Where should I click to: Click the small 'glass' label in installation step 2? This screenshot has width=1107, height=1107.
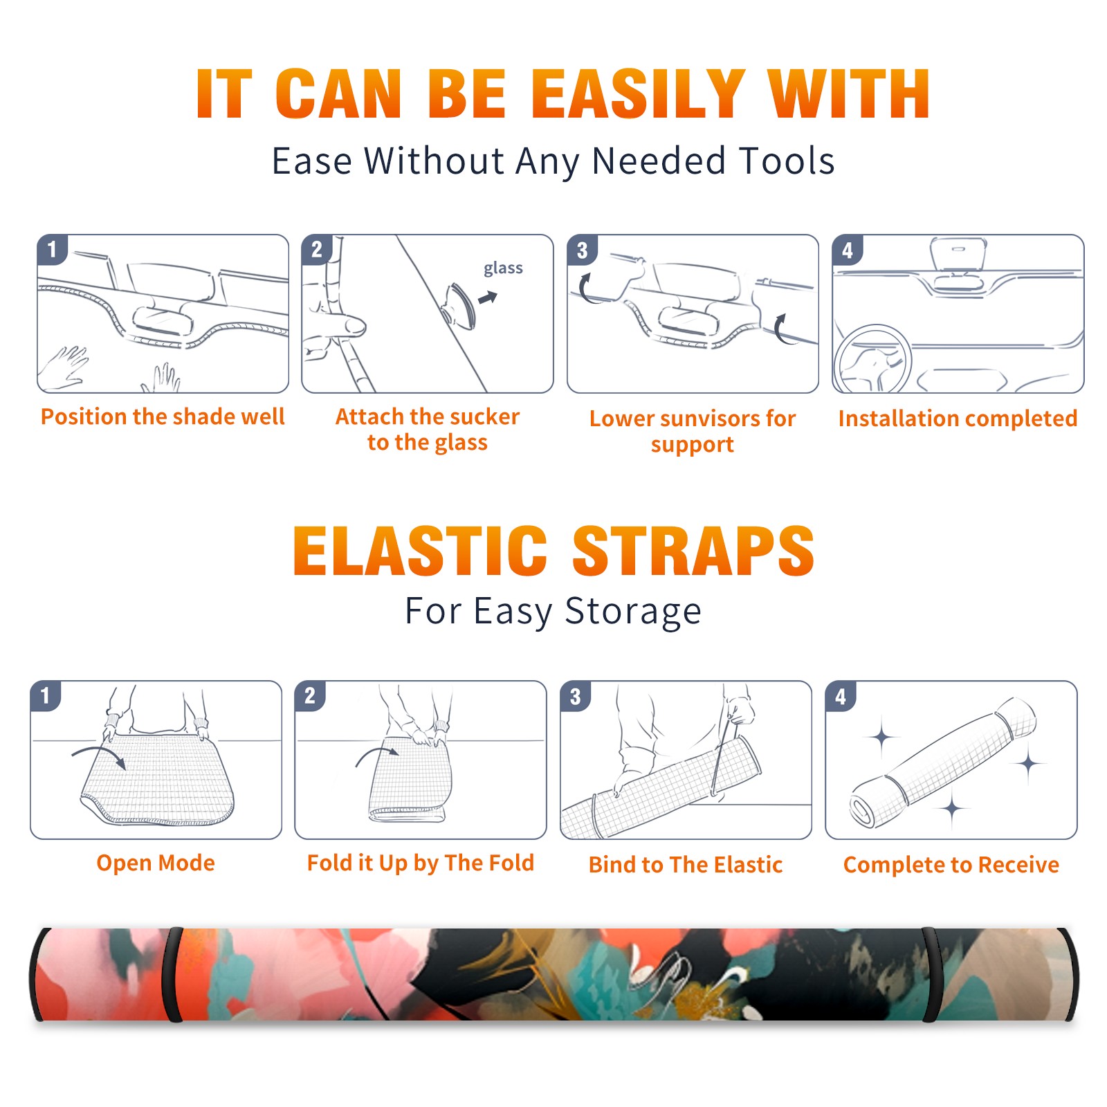pos(503,268)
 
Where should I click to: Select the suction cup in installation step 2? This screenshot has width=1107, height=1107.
pos(460,305)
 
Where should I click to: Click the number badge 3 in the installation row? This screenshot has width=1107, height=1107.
pos(582,250)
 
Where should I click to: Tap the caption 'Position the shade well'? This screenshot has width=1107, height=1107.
pos(163,417)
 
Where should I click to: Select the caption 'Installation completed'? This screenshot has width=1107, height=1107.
pos(958,419)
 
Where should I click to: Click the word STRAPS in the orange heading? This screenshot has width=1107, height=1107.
pos(693,551)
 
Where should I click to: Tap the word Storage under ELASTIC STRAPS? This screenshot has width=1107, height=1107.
pos(633,612)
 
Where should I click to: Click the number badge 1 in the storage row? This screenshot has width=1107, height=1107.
pos(46,696)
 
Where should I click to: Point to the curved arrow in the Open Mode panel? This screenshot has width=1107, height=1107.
pos(99,754)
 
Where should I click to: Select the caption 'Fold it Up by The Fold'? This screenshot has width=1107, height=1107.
pos(421,863)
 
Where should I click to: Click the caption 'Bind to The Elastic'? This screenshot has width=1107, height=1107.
pos(686,865)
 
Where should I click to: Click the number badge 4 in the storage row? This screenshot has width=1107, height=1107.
pos(841,696)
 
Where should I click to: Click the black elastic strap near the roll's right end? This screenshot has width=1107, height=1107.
pos(931,975)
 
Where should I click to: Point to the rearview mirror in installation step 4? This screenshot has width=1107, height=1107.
pos(958,254)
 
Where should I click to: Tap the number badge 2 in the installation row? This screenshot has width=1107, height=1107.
pos(317,250)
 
